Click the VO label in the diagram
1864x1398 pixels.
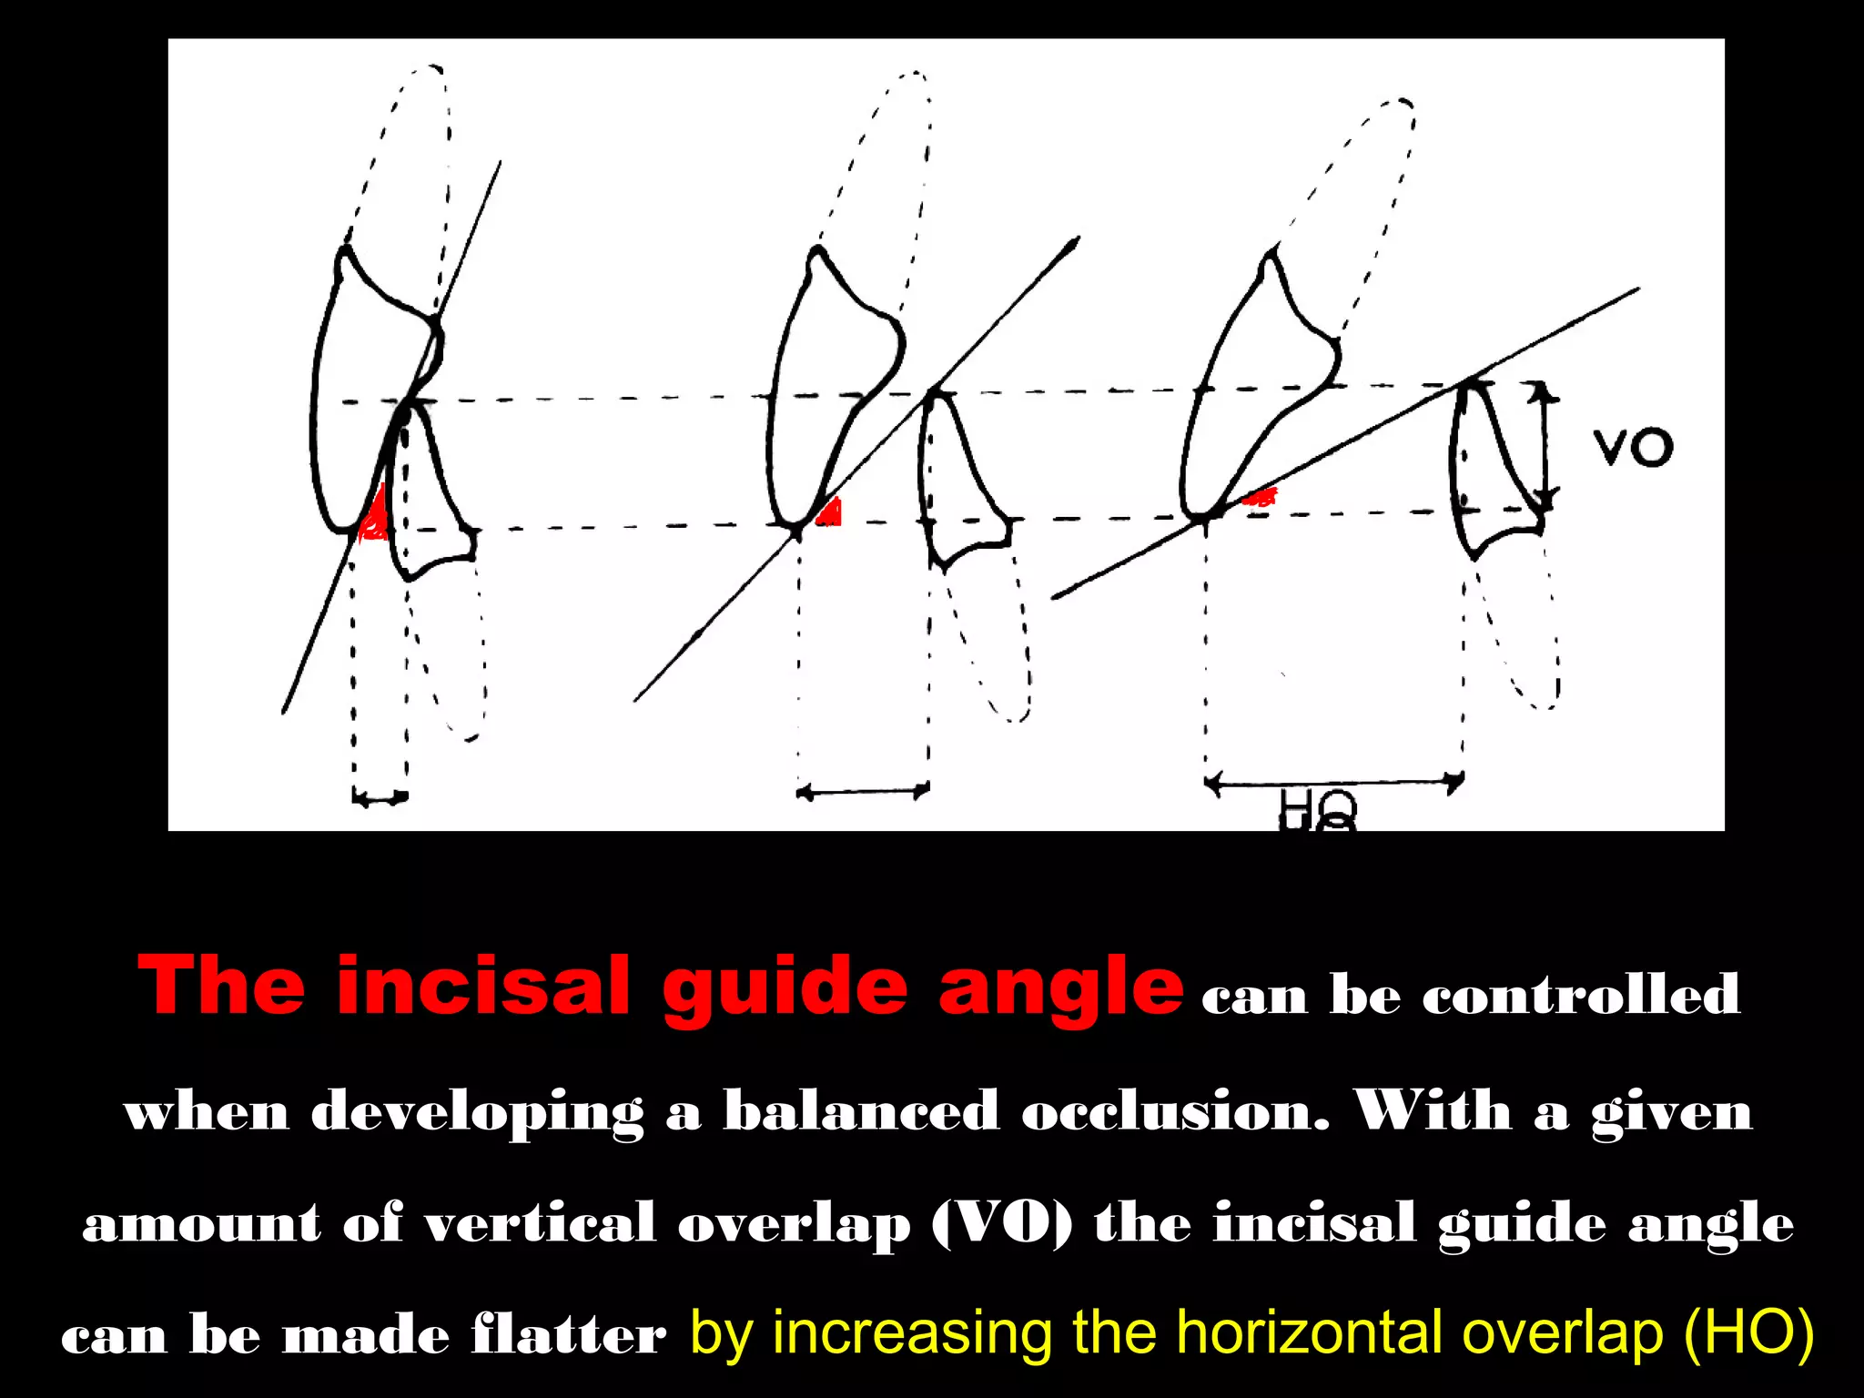[x=1633, y=448]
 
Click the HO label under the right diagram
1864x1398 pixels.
[x=1318, y=809]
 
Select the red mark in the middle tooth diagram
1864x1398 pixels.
[x=830, y=513]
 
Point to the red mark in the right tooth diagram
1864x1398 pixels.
[x=1261, y=497]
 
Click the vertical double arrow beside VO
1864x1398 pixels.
[x=1544, y=446]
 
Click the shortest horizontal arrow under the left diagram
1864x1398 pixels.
[x=380, y=798]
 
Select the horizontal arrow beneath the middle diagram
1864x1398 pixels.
[x=863, y=792]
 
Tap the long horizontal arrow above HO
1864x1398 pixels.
[x=1333, y=781]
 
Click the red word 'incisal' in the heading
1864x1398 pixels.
[x=482, y=987]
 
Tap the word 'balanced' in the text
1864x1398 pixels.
[x=861, y=1110]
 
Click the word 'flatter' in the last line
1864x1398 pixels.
[x=568, y=1336]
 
